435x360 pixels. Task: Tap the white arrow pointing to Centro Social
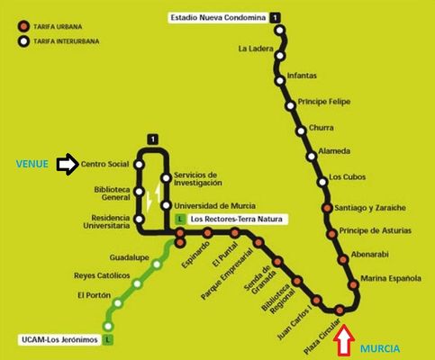[x=67, y=165]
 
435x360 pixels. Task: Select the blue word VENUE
[x=32, y=165]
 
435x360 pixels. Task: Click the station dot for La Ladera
[x=279, y=49]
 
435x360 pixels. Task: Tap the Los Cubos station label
[x=348, y=176]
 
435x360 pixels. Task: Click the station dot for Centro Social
[x=139, y=165]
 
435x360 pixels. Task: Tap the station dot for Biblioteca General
[x=139, y=192]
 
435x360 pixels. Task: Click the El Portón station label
[x=94, y=295]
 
